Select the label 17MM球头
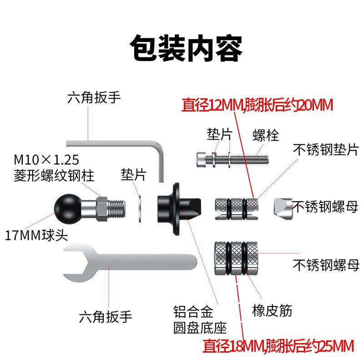click(28, 236)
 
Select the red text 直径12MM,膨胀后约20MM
click(258, 105)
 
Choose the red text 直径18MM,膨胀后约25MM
click(278, 346)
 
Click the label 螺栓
click(266, 135)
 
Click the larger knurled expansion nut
click(235, 258)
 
